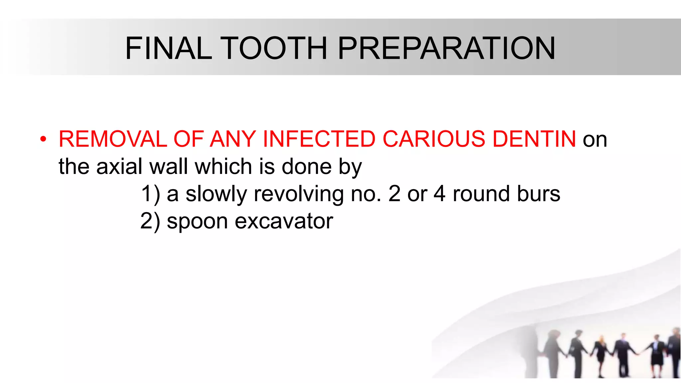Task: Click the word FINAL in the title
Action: click(169, 49)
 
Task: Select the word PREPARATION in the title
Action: click(446, 49)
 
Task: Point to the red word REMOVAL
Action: click(113, 139)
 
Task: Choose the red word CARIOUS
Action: click(434, 139)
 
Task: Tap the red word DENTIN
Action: click(534, 139)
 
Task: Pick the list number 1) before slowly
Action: click(150, 194)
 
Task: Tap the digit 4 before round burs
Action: click(439, 194)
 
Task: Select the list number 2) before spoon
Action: click(150, 221)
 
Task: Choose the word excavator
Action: click(284, 221)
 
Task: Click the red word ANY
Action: click(233, 139)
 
